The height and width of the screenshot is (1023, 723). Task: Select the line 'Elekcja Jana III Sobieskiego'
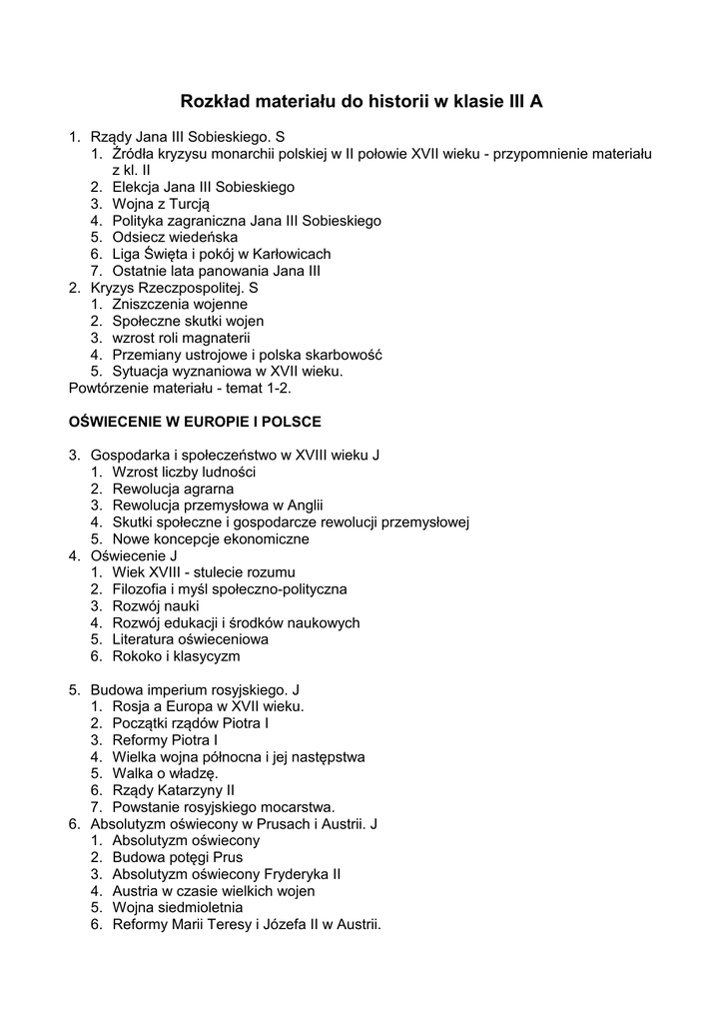point(203,187)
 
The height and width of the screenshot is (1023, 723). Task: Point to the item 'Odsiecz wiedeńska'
point(175,237)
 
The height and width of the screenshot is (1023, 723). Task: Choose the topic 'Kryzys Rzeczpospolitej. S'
point(175,287)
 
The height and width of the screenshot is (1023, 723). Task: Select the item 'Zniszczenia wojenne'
point(180,304)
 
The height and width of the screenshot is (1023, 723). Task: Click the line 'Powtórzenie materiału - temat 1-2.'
point(180,388)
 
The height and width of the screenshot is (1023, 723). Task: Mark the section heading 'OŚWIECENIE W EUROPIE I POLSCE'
point(195,422)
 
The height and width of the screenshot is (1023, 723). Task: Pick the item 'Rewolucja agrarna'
point(173,489)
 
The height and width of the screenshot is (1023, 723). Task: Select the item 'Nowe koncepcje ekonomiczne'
point(211,538)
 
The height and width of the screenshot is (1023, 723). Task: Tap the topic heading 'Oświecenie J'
point(134,555)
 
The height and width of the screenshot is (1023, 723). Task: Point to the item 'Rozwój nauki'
point(156,605)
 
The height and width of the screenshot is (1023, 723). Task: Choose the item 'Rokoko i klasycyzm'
point(176,656)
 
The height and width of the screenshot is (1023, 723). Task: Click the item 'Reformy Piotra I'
point(166,740)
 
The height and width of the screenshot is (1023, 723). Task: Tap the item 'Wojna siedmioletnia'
point(178,907)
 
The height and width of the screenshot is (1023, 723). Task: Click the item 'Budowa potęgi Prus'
point(178,857)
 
